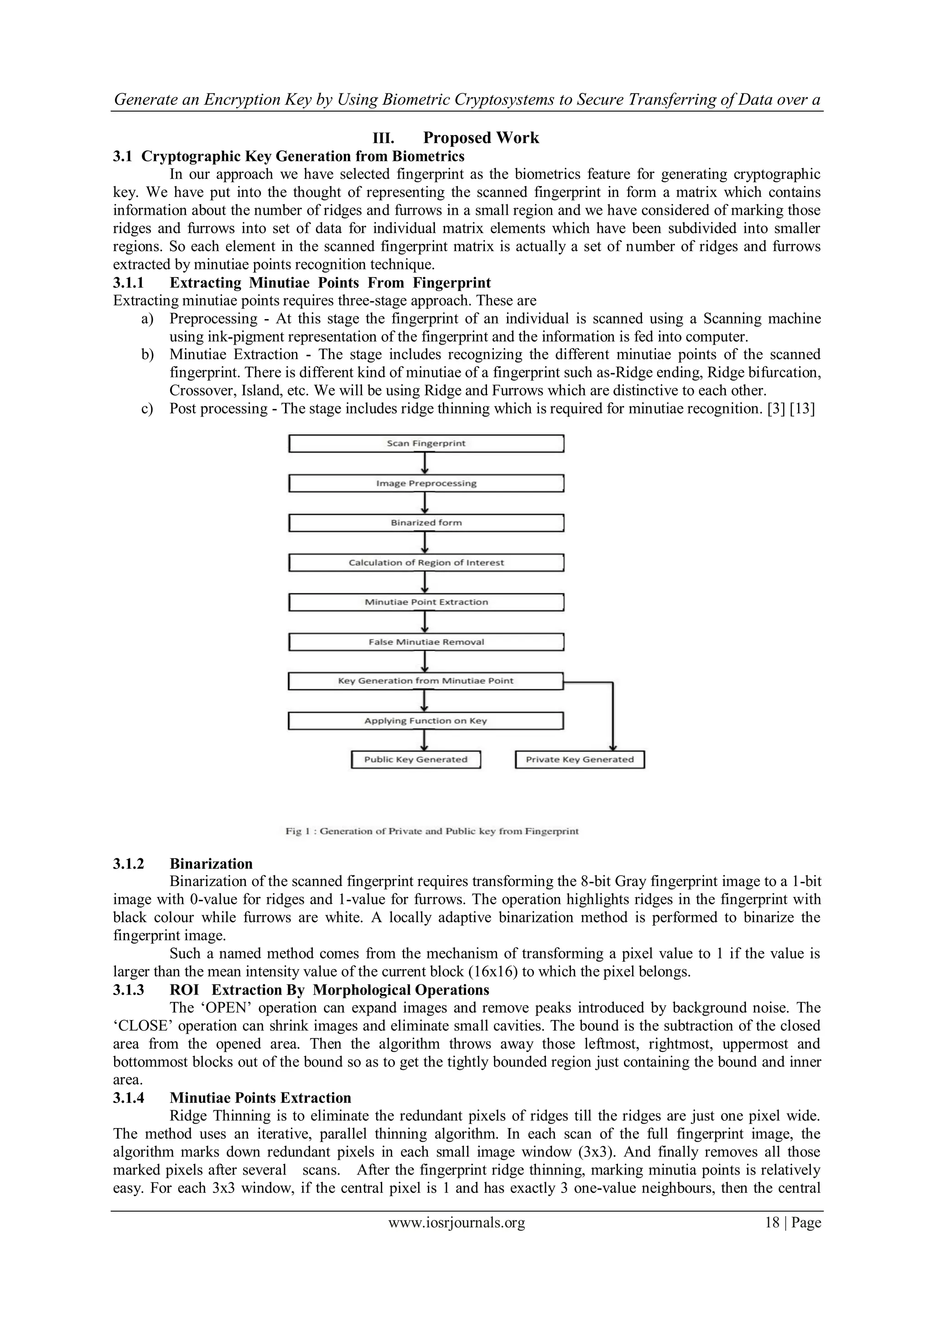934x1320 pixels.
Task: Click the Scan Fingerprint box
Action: (x=425, y=444)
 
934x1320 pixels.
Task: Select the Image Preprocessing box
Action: (x=425, y=484)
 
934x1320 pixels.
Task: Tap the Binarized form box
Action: (x=425, y=523)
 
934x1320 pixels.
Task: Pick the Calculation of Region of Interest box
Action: (x=425, y=563)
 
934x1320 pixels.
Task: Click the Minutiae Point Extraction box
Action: (x=425, y=603)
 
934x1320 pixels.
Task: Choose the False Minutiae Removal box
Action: (x=425, y=642)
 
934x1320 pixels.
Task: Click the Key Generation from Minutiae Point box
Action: (x=425, y=681)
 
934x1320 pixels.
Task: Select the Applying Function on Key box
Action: (x=425, y=721)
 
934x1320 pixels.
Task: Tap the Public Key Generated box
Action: (x=415, y=760)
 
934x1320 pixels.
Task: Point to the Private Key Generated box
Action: (x=580, y=760)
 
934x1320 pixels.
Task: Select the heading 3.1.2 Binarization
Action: (x=211, y=864)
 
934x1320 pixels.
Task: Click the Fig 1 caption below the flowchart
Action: (x=432, y=831)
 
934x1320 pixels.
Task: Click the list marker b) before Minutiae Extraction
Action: (x=148, y=355)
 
